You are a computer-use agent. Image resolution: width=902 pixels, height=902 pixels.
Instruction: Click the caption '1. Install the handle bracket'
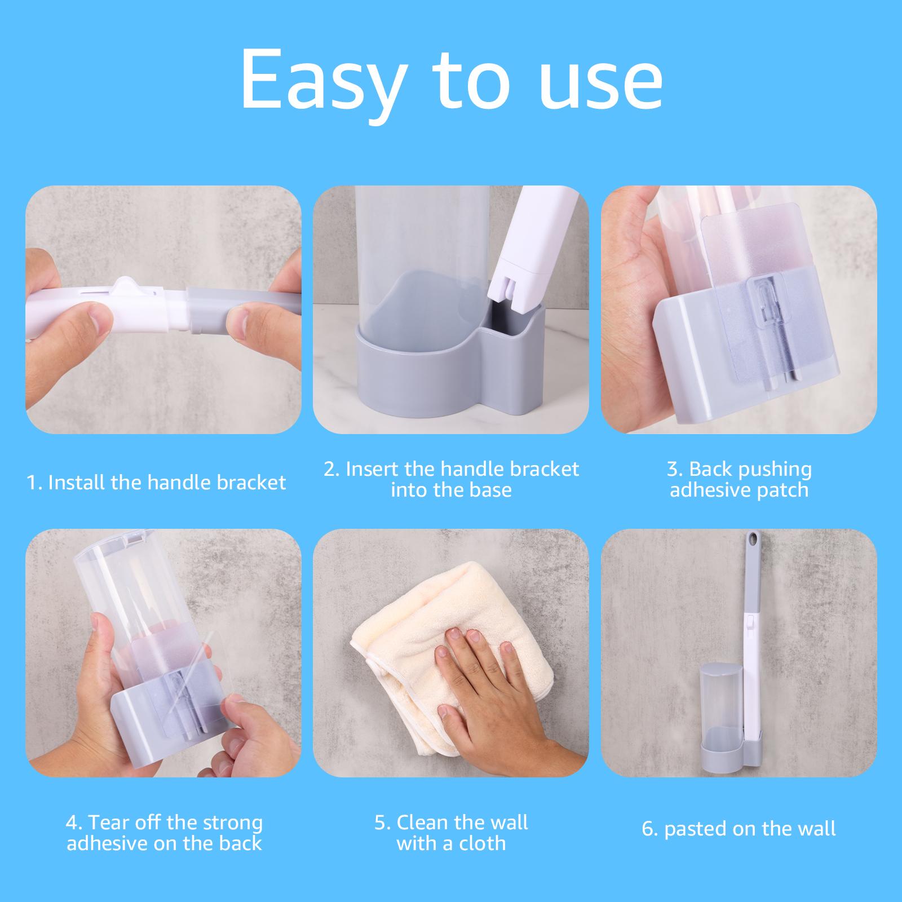coord(156,483)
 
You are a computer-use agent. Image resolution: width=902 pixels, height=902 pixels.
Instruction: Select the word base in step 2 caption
coord(488,489)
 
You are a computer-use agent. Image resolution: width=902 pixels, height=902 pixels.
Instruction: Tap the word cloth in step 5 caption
coord(481,843)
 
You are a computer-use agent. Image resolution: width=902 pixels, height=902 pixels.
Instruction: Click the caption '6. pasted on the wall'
coord(739,829)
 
